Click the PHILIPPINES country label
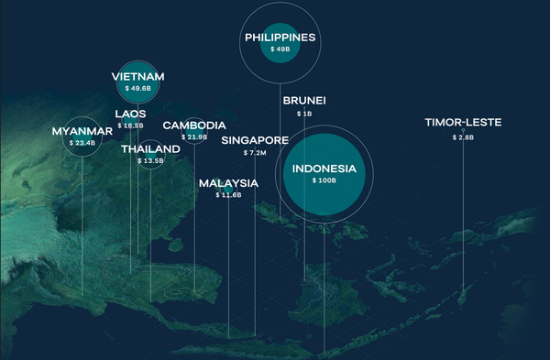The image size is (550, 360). [280, 38]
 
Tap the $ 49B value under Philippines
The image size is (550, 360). [280, 49]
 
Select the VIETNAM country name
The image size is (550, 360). [138, 77]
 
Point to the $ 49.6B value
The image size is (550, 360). [138, 89]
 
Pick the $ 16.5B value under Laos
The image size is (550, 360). [130, 125]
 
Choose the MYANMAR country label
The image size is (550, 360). [82, 131]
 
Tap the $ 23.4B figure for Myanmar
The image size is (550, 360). [82, 143]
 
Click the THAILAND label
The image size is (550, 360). [150, 148]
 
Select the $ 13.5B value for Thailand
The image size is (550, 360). [150, 160]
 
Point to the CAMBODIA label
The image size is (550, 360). [194, 125]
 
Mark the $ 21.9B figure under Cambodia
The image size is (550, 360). [194, 136]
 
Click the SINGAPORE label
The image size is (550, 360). [255, 140]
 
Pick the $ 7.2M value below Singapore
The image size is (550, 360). [255, 153]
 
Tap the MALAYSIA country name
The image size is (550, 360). [228, 183]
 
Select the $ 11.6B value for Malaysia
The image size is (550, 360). [228, 195]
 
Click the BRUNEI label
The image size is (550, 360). [304, 100]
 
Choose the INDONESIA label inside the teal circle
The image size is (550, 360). [324, 169]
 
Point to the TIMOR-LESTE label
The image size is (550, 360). [463, 123]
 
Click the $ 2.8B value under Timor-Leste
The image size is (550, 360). [463, 136]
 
